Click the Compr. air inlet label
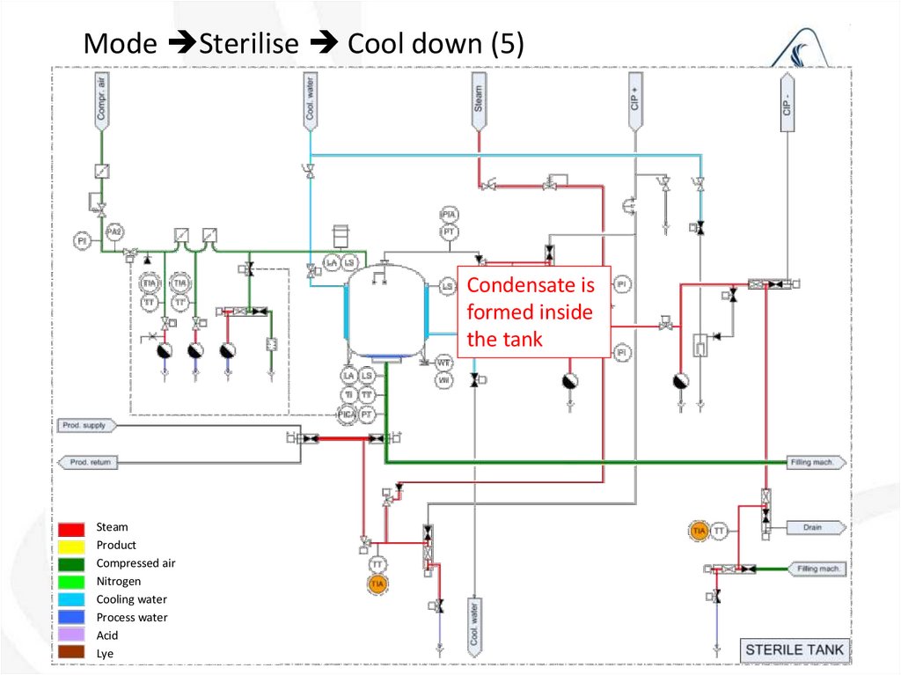tap(102, 99)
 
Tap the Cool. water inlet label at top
tap(311, 99)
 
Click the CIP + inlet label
tap(634, 99)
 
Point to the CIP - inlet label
tap(787, 99)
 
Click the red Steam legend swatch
tap(72, 528)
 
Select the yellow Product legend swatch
tap(72, 546)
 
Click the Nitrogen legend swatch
tap(72, 582)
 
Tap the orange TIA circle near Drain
tap(700, 531)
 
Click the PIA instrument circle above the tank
tap(450, 215)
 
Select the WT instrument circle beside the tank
tap(443, 363)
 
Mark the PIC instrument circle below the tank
tap(348, 413)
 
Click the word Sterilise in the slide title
tap(249, 44)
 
